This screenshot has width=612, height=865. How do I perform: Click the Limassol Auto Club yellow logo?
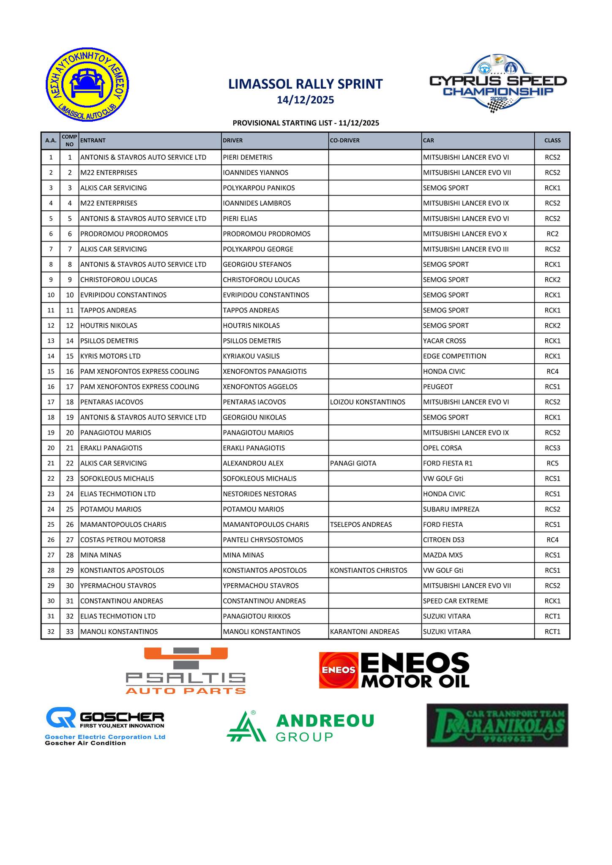[87, 85]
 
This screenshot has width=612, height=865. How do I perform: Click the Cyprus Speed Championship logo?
[498, 84]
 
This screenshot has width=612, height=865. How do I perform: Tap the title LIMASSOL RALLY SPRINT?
[305, 84]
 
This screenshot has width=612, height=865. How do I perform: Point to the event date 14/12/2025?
[305, 100]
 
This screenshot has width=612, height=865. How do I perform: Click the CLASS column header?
[552, 141]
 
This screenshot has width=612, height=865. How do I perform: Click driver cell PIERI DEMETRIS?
[248, 158]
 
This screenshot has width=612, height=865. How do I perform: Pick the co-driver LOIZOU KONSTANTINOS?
[367, 402]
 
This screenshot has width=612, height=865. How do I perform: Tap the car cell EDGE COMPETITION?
[454, 356]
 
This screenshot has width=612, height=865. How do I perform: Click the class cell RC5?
[552, 463]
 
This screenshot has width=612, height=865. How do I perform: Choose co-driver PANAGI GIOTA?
[353, 463]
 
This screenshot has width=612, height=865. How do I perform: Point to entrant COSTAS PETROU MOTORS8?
[123, 540]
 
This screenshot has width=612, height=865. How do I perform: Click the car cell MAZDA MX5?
[442, 555]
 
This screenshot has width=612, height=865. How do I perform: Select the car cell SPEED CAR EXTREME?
[455, 601]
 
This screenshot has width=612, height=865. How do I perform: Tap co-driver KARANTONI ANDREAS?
[364, 632]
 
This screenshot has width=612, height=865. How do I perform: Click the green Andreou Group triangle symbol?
[246, 727]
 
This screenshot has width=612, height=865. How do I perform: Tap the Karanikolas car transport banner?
[497, 725]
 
